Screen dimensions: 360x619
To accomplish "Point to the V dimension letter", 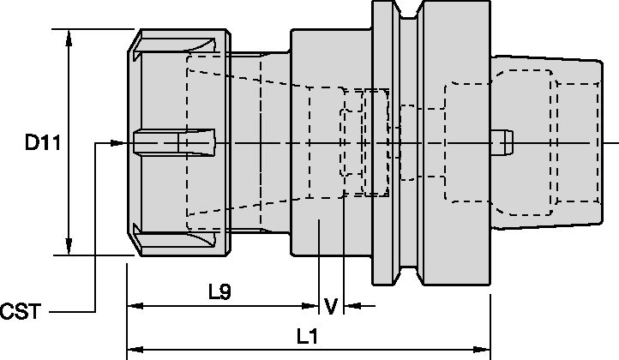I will (x=331, y=304).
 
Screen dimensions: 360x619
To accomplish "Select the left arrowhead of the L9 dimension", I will (x=134, y=304).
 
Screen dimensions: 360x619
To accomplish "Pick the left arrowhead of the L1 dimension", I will (x=134, y=351).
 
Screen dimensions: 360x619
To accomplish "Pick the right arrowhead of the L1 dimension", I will (x=484, y=351).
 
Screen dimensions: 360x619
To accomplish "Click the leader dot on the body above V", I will (x=318, y=223).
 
